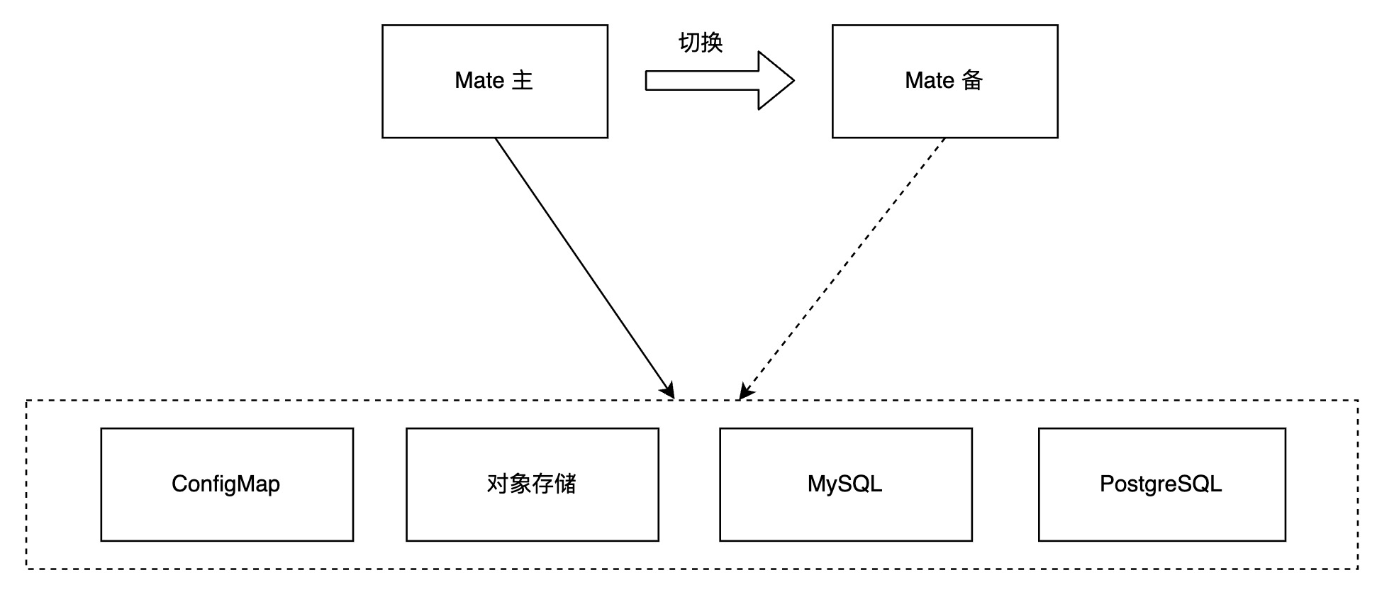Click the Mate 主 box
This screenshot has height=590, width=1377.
494,106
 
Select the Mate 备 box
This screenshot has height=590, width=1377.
944,106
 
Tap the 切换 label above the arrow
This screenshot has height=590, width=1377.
700,43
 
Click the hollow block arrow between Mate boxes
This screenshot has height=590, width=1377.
709,80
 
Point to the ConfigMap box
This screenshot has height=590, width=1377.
227,511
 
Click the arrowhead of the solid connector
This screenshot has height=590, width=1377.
668,391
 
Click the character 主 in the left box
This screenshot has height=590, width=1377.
523,80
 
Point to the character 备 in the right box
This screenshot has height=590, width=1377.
972,80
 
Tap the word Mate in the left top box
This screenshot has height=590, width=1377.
479,80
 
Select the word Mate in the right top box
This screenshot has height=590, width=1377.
930,80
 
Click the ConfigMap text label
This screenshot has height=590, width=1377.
226,484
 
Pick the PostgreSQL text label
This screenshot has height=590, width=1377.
1161,484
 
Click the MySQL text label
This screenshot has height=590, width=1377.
844,484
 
